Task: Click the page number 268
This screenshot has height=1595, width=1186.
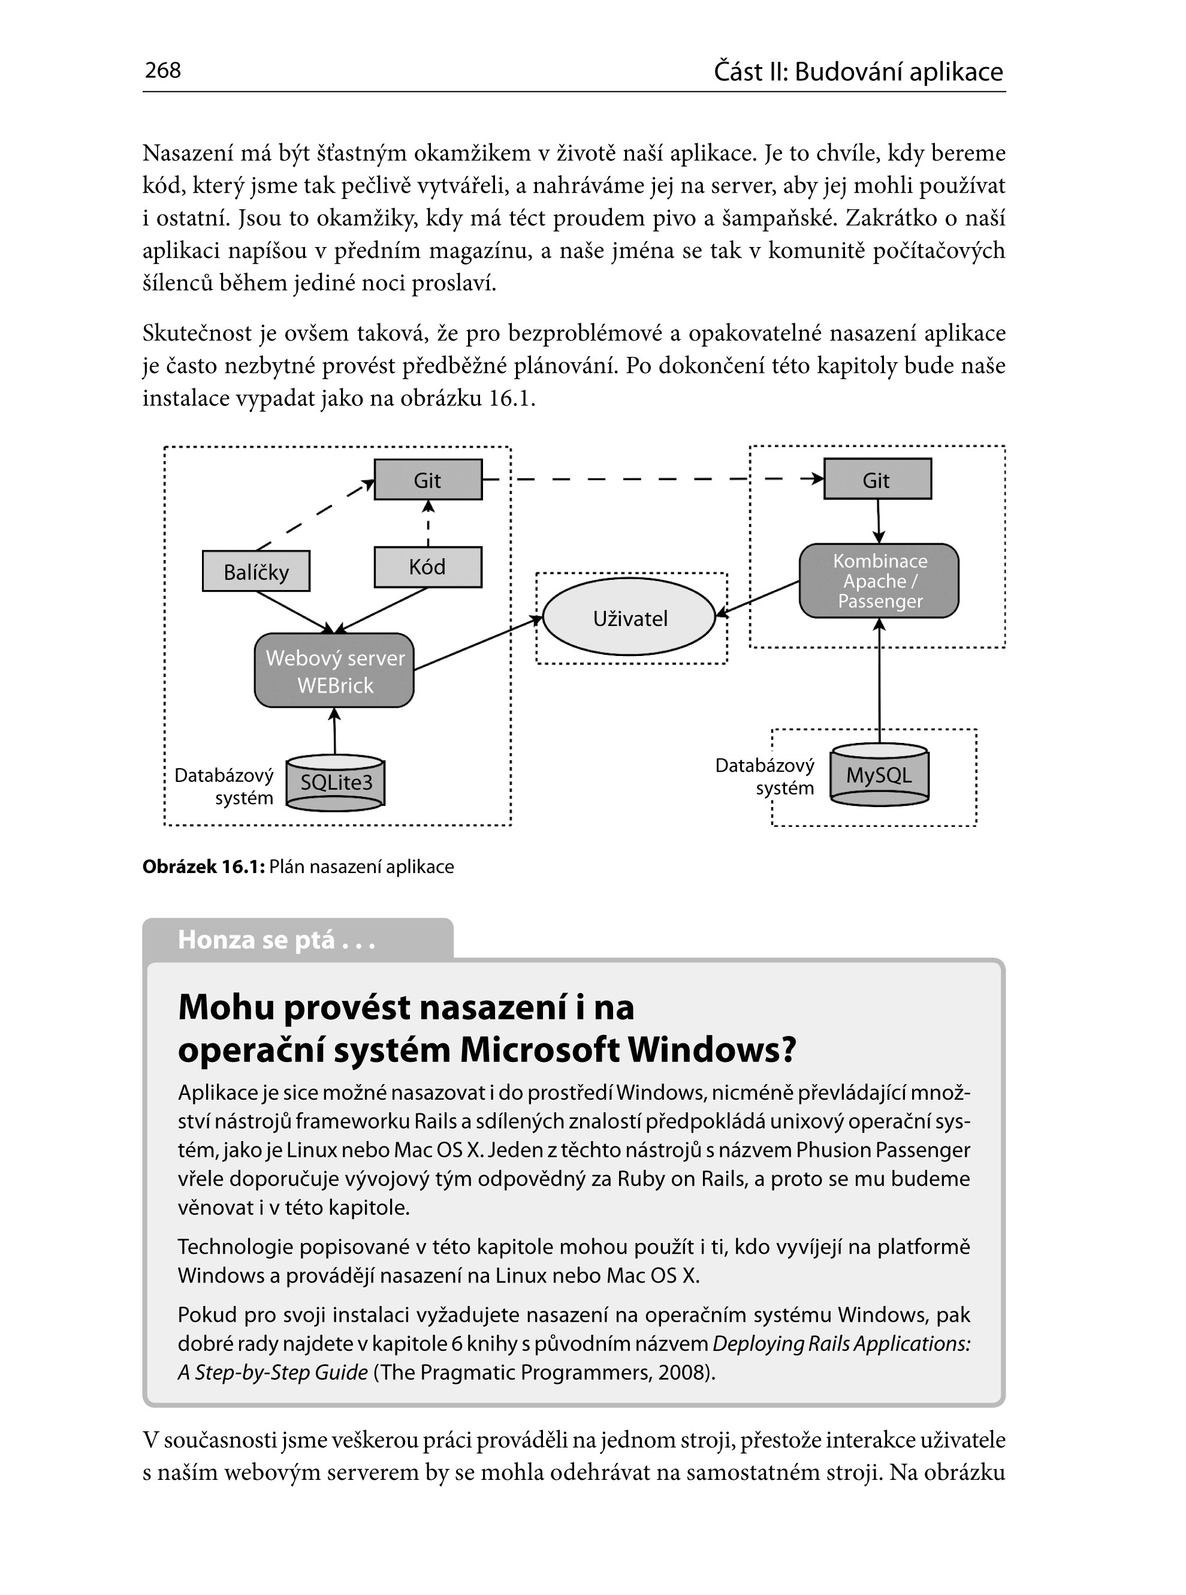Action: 163,70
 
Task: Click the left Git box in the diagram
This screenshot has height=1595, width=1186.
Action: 428,480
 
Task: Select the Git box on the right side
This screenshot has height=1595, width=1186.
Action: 877,479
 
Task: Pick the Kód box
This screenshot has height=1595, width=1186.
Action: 428,567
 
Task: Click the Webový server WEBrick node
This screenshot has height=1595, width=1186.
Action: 334,671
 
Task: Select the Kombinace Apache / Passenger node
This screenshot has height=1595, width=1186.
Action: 879,581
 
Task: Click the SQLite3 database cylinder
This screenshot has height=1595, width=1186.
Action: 335,783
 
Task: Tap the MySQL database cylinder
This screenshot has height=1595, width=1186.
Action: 879,775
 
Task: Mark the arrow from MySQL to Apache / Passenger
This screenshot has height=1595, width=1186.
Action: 879,682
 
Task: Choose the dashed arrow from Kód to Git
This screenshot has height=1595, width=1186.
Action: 428,524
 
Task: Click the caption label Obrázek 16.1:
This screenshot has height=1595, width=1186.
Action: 203,867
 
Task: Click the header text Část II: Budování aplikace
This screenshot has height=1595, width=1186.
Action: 858,72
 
